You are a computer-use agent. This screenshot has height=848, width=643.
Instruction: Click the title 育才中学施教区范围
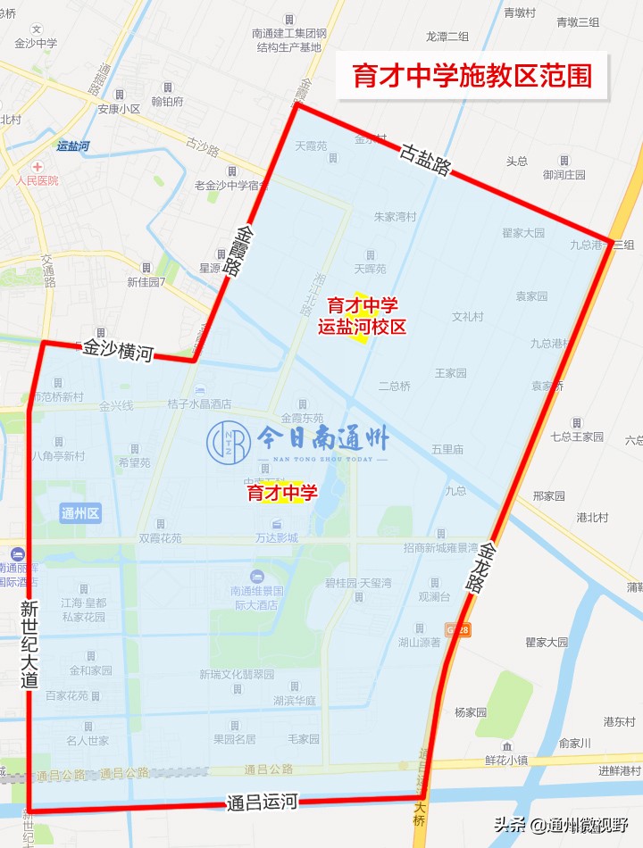472,75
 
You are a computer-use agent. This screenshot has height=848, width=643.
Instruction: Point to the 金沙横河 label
118,350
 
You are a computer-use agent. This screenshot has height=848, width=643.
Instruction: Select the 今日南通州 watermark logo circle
229,439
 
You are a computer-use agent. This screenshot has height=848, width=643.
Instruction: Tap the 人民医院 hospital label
37,180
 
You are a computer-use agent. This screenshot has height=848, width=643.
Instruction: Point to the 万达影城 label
276,539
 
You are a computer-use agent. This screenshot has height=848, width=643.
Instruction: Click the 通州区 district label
80,512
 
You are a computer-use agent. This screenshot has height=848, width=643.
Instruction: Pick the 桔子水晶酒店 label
199,403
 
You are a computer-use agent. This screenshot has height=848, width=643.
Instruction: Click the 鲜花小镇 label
508,760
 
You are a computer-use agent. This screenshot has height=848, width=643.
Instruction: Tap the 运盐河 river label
72,145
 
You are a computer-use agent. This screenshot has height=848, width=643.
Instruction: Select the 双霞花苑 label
160,538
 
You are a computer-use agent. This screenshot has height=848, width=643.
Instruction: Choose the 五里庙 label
447,449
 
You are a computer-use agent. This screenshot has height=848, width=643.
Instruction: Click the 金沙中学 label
36,43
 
